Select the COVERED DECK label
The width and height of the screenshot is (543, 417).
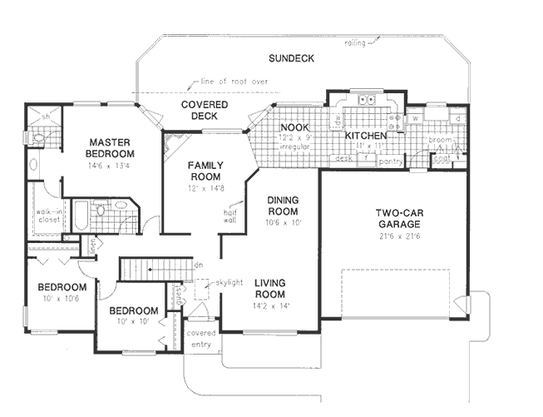coord(199,111)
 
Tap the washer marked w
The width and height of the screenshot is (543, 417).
coord(413,117)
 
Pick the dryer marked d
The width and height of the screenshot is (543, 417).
coord(458,117)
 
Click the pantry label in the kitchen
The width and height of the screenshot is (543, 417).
coord(367,162)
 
